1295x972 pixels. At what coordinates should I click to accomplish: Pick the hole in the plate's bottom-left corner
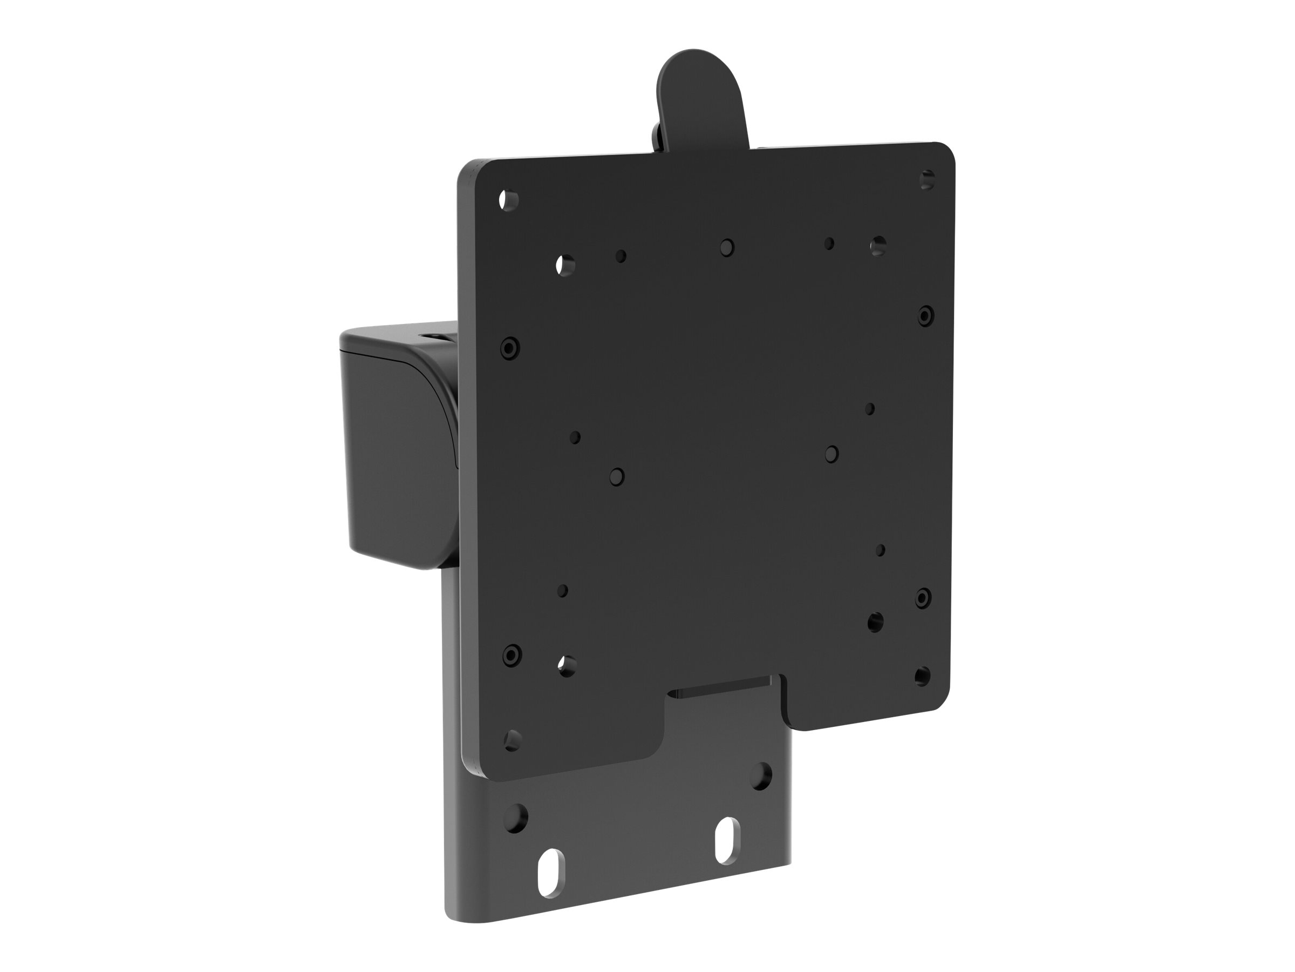pos(512,740)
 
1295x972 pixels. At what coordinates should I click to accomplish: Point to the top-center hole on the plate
pos(726,247)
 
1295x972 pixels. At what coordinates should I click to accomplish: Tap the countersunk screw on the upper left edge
pos(510,348)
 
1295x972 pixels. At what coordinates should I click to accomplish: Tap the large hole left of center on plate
pos(616,476)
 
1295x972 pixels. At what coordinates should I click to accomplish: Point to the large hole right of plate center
pos(831,454)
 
